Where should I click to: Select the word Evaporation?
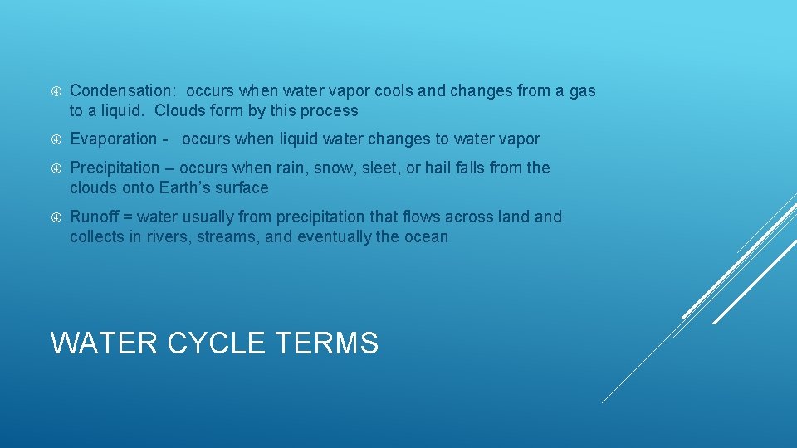(113, 139)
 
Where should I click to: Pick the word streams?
(227, 237)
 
